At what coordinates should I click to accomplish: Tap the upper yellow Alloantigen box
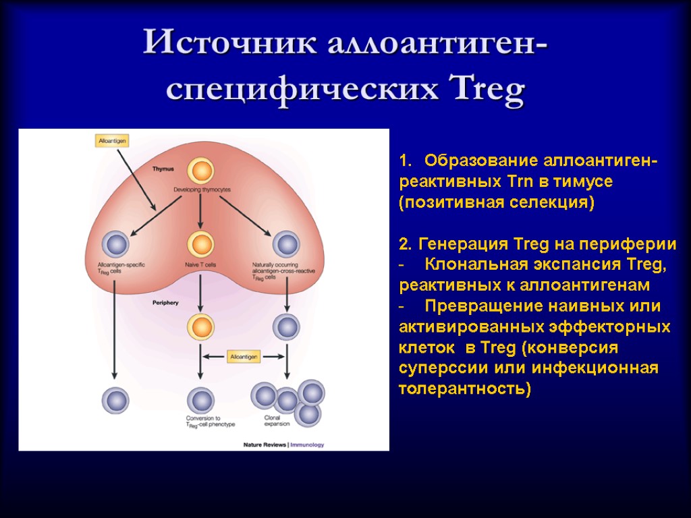click(111, 140)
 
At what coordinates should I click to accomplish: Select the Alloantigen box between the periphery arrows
click(244, 356)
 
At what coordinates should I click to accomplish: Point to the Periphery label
click(165, 304)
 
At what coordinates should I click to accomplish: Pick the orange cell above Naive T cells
click(200, 244)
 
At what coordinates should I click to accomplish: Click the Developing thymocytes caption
click(200, 190)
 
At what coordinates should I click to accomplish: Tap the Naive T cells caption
click(200, 264)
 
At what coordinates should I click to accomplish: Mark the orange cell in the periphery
click(200, 326)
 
